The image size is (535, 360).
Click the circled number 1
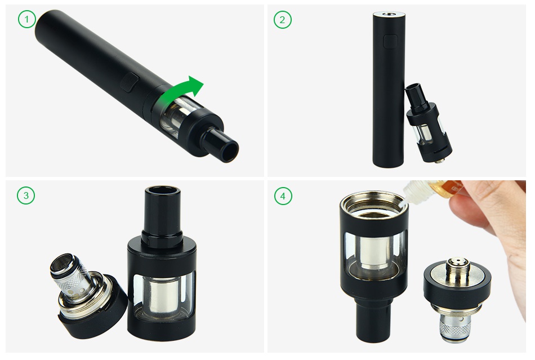click(x=26, y=20)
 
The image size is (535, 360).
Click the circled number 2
click(x=283, y=20)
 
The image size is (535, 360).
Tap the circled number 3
click(x=26, y=195)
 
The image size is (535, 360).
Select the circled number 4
click(x=283, y=196)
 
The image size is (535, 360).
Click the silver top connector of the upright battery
click(x=388, y=14)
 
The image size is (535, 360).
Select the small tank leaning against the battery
click(x=428, y=122)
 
